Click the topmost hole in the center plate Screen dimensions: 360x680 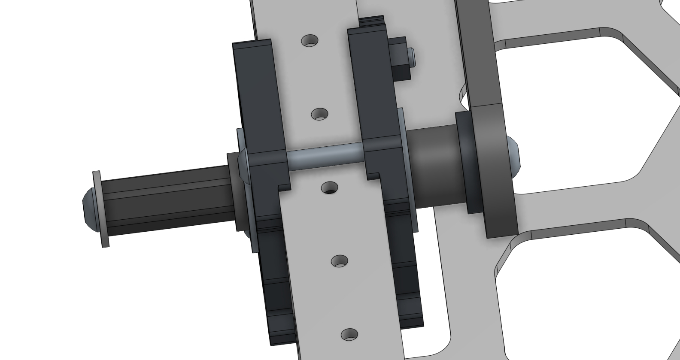pyautogui.click(x=310, y=41)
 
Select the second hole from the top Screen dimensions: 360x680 pyautogui.click(x=319, y=115)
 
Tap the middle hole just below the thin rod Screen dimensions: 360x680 pyautogui.click(x=330, y=188)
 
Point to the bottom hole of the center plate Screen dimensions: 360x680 pyautogui.click(x=349, y=334)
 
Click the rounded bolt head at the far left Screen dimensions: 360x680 pyautogui.click(x=88, y=208)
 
